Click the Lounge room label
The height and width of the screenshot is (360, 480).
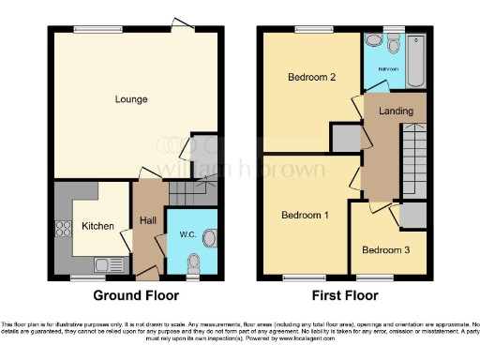(x=131, y=99)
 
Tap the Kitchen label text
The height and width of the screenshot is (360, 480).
(x=97, y=226)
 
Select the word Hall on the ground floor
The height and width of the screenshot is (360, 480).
(x=148, y=220)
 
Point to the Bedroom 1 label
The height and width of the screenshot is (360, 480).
(x=305, y=216)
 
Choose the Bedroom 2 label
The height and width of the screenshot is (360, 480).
(x=310, y=78)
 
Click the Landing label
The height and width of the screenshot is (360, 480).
(x=395, y=112)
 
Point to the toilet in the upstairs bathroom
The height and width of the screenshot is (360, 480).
(x=373, y=42)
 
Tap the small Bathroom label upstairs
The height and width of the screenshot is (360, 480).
(x=388, y=68)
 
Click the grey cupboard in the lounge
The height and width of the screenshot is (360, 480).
(x=203, y=151)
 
